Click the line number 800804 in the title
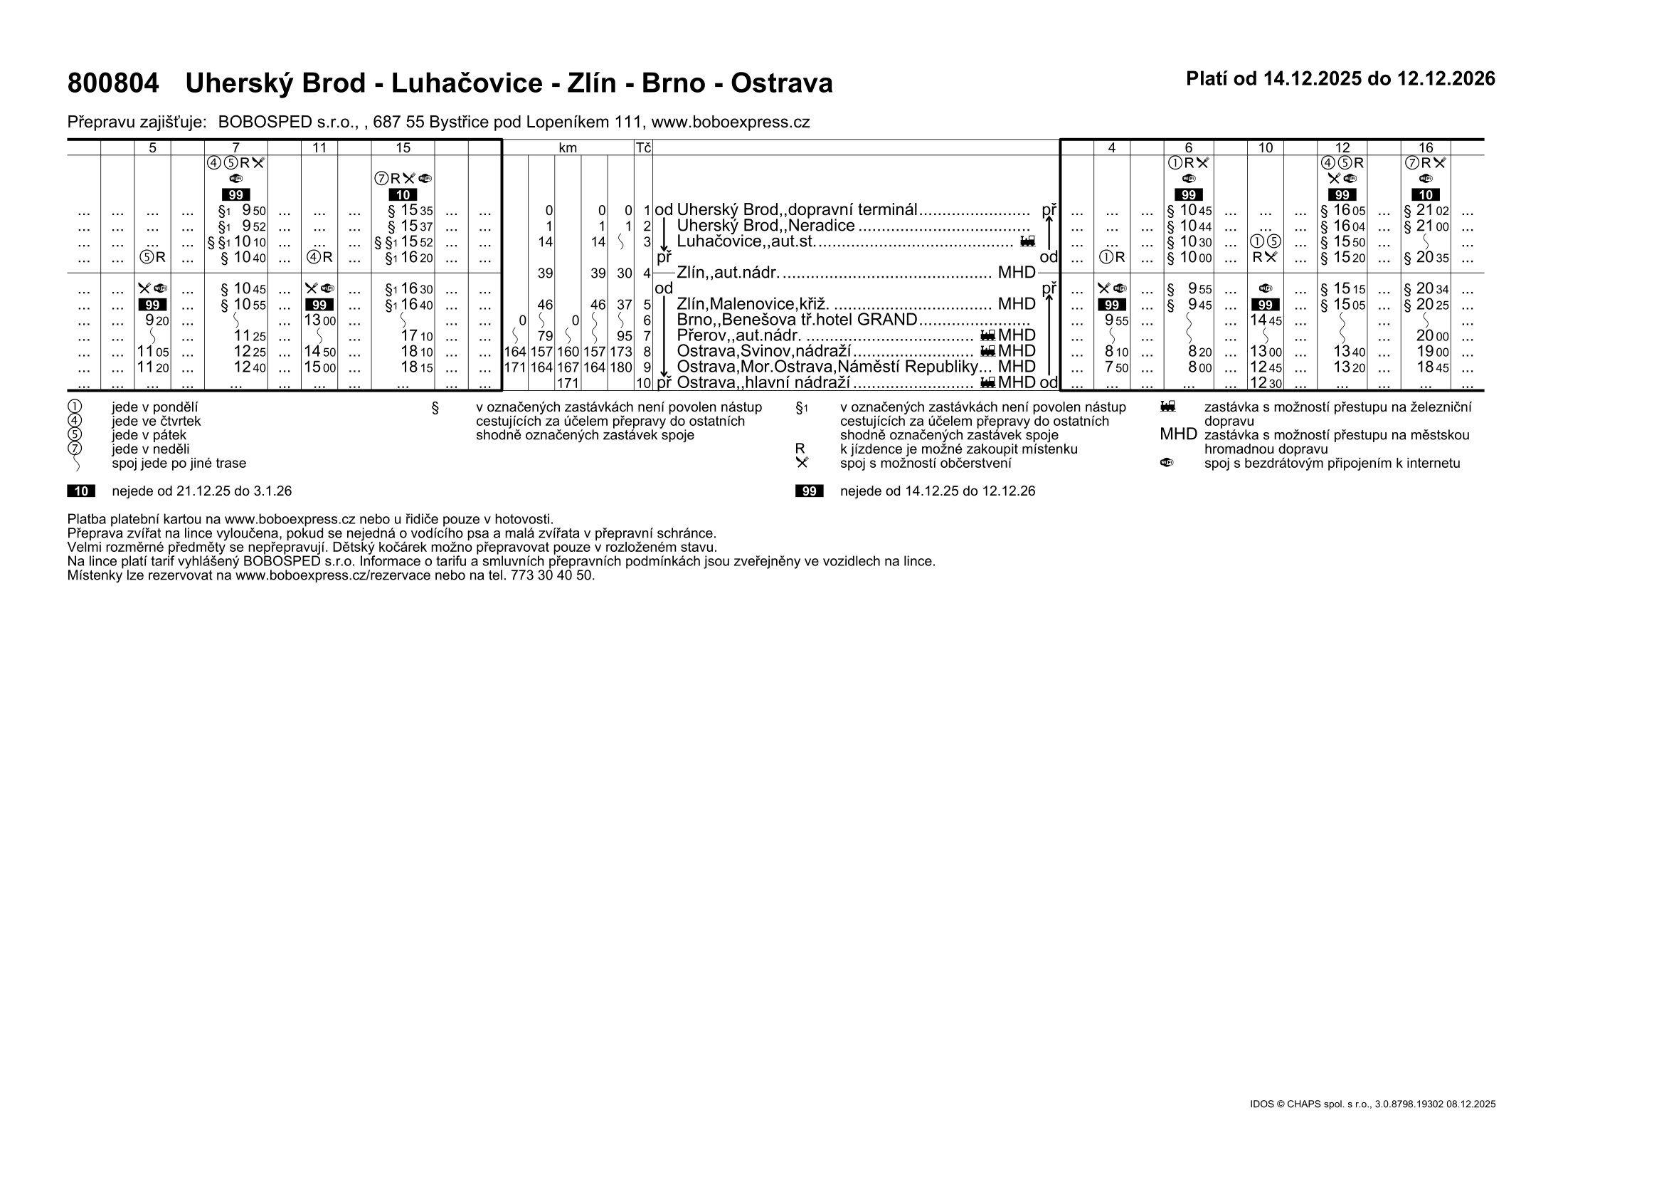(113, 84)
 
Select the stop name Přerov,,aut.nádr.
(738, 337)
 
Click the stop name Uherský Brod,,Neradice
(765, 226)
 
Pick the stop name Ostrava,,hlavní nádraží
(763, 383)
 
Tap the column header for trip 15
(403, 148)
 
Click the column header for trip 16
(1426, 148)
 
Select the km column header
(568, 148)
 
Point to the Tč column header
(643, 148)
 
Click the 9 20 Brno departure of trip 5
(157, 320)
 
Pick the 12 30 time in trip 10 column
(1266, 383)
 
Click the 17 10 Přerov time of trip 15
(417, 337)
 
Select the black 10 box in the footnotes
(81, 492)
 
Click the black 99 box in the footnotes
(809, 492)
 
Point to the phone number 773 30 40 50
(551, 576)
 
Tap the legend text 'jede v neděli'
(150, 449)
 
